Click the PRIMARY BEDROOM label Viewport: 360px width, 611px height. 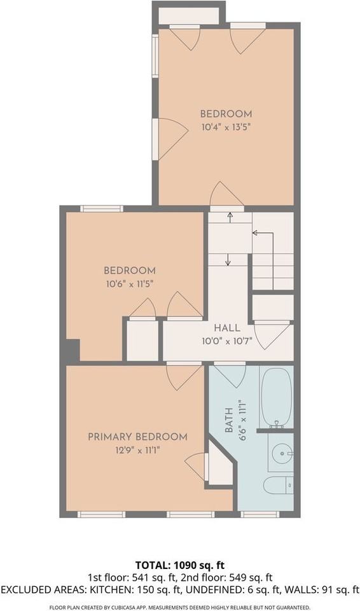137,437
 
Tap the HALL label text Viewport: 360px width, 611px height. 226,328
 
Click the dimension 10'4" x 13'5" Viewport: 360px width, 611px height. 226,127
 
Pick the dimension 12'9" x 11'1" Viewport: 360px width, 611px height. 137,449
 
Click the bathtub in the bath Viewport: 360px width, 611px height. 277,397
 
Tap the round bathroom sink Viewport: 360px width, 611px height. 280,454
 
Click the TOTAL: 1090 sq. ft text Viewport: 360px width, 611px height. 179,565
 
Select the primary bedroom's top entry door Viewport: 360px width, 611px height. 183,376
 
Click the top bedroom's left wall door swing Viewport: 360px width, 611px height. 170,138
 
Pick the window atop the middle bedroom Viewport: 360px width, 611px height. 102,208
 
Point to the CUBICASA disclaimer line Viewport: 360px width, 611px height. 179,607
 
